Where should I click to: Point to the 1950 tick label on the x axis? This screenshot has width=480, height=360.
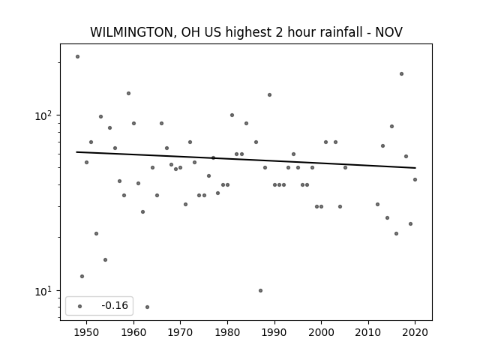87,332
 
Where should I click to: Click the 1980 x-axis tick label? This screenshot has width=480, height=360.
227,332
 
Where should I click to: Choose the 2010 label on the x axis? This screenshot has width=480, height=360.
368,332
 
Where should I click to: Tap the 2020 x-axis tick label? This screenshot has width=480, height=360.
415,332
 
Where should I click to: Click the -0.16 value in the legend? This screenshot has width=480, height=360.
115,305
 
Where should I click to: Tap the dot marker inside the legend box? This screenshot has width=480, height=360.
80,306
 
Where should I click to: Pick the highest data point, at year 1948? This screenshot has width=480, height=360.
77,57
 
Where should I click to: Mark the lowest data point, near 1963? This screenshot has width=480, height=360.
147,307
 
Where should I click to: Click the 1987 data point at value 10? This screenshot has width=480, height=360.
260,290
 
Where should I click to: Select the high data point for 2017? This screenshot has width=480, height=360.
401,73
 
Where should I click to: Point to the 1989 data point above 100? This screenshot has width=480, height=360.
269,95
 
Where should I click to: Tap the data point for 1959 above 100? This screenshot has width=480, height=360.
128,93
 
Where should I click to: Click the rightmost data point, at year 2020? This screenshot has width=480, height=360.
415,180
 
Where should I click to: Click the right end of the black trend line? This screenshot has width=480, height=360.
415,168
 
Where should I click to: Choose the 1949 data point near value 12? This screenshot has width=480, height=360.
82,277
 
